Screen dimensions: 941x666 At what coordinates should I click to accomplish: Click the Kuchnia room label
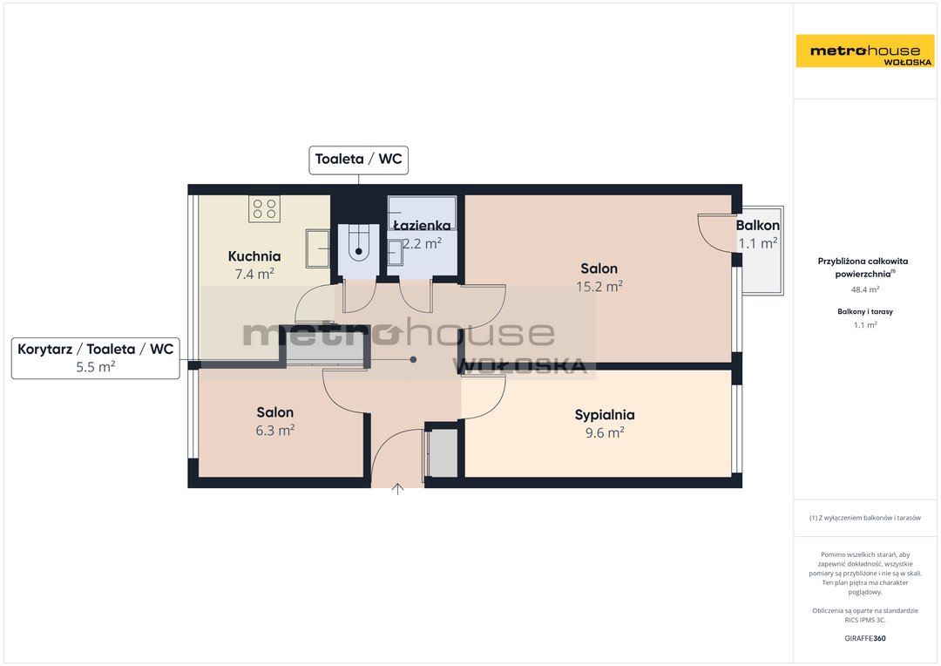254,256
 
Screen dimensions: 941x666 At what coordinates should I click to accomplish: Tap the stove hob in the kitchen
265,209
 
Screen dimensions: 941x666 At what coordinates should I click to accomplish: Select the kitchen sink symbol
317,248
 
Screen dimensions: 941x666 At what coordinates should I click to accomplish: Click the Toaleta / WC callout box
358,160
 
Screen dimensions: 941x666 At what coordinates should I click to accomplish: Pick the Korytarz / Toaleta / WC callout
96,358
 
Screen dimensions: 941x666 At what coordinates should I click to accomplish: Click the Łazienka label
422,226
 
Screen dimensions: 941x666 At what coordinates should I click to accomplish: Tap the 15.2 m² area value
599,287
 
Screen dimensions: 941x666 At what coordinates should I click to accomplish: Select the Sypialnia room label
605,415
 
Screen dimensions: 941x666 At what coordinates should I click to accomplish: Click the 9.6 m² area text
605,432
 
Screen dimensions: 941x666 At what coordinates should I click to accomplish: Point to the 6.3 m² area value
274,430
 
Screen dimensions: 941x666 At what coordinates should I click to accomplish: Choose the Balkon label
757,226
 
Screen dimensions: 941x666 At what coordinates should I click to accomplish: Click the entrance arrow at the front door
397,489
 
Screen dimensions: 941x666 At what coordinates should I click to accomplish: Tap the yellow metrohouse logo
865,51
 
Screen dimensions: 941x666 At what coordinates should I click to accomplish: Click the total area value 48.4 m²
865,289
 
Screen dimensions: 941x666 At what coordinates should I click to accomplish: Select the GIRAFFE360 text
865,638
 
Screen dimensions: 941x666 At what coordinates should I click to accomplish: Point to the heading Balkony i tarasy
865,312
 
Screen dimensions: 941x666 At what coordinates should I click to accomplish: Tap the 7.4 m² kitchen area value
254,275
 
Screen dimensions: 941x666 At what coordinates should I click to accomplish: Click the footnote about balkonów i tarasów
865,518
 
